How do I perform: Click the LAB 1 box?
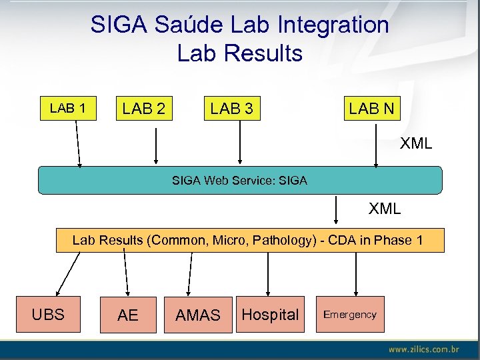[x=67, y=107]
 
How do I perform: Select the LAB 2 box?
[x=144, y=108]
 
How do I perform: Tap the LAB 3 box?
[x=231, y=108]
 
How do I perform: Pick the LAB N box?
[x=371, y=108]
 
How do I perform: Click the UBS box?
[x=48, y=314]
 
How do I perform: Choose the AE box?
[x=127, y=315]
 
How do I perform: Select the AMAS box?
[x=198, y=315]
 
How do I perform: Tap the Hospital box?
[x=270, y=314]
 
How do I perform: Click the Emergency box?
[x=350, y=314]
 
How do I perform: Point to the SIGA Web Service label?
[x=239, y=180]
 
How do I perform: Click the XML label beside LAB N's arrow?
[x=415, y=143]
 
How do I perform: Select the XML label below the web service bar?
[x=385, y=209]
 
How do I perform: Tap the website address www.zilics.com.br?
[x=423, y=349]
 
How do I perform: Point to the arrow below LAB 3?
[x=240, y=143]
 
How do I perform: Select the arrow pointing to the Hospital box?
[x=268, y=273]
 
